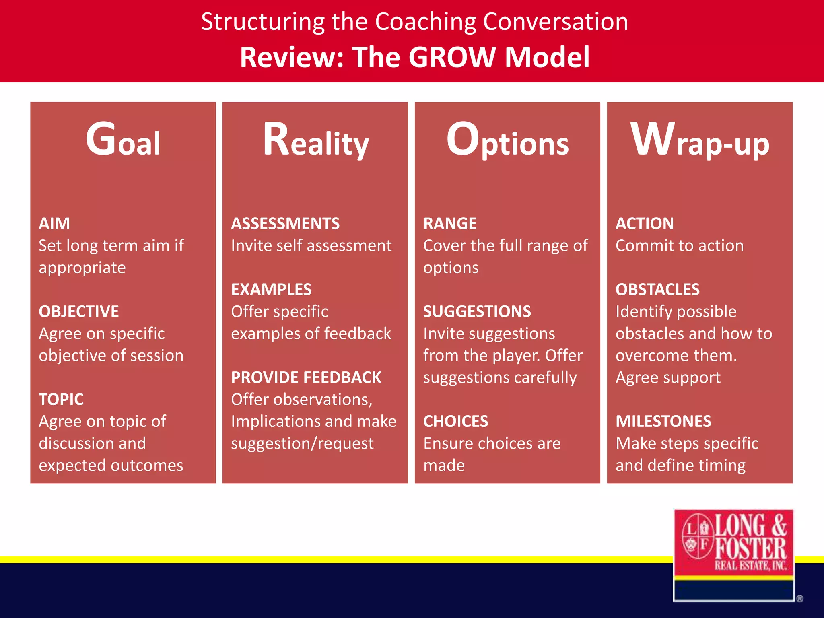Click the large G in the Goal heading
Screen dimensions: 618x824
pos(101,139)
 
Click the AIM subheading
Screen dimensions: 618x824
pos(54,224)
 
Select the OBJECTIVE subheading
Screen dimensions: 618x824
pos(79,312)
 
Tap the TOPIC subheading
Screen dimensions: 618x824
pos(61,400)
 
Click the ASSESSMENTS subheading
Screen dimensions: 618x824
pos(285,224)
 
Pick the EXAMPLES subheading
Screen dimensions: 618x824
pos(271,290)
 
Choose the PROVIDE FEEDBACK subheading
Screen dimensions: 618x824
pos(306,378)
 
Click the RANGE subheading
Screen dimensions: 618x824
pos(450,224)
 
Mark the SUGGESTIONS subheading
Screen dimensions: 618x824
pos(477,312)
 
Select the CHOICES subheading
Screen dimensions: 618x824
pos(455,422)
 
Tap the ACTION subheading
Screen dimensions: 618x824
pos(645,224)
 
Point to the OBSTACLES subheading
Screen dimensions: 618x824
pos(657,290)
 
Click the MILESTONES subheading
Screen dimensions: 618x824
pos(663,422)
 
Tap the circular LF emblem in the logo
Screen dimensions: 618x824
pos(697,536)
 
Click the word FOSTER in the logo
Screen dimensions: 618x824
pos(751,548)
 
